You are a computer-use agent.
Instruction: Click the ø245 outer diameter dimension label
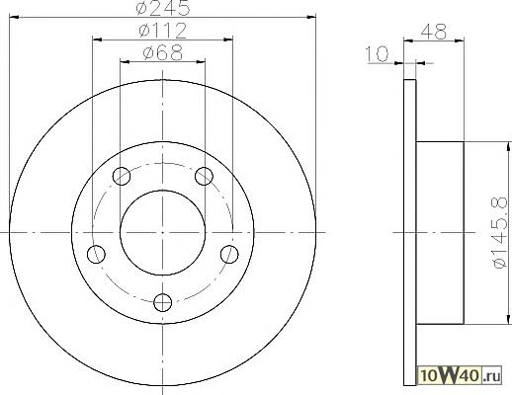tap(163, 7)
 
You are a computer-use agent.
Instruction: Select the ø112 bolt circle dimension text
tap(162, 31)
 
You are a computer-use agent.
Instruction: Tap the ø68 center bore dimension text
tap(163, 52)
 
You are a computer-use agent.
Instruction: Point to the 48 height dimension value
tap(434, 32)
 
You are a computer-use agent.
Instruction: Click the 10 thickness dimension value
tap(378, 54)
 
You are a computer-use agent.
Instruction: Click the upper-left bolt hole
tap(122, 176)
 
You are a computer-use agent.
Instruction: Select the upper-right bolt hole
tap(204, 176)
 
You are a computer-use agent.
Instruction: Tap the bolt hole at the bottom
tap(163, 302)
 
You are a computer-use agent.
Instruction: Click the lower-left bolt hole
tap(96, 255)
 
